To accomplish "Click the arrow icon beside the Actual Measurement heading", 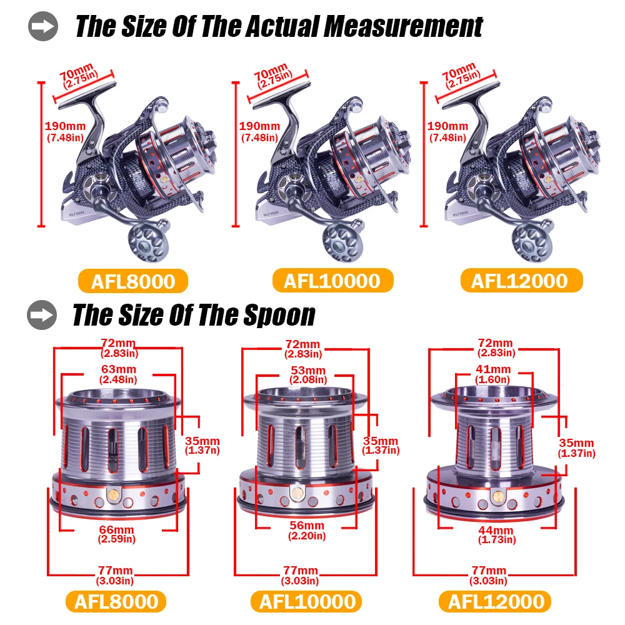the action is (x=43, y=26).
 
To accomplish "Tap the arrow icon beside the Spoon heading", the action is (x=42, y=315).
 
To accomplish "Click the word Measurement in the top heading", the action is (x=403, y=27).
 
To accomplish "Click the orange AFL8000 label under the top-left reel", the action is (x=133, y=281).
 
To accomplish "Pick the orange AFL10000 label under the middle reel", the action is (x=332, y=281).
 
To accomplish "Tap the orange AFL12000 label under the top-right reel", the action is (x=521, y=281).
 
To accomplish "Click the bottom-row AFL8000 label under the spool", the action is (x=116, y=601).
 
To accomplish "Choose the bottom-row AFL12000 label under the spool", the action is (x=496, y=601).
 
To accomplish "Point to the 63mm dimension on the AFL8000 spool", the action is (x=118, y=369).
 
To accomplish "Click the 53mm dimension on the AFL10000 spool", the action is (x=307, y=370).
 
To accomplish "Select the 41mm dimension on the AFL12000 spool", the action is (x=493, y=369).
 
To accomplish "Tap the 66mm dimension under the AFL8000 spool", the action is (x=116, y=530).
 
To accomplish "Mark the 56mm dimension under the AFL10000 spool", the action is (x=307, y=526).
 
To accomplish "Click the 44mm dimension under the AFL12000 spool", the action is (x=496, y=530).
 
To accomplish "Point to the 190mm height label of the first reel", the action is (x=65, y=126).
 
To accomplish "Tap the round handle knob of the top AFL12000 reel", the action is (x=532, y=241).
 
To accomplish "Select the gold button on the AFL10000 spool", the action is (x=297, y=493).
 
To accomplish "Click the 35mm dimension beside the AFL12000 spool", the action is (x=576, y=443).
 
